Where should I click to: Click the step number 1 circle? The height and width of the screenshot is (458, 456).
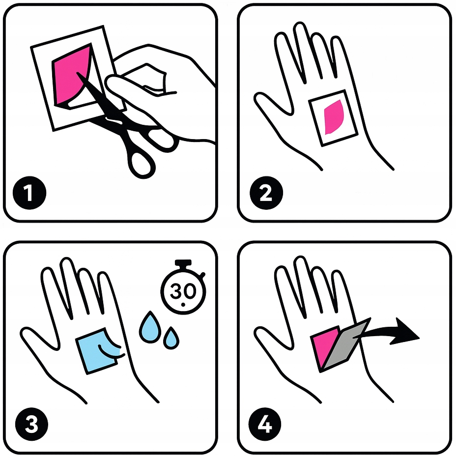29,193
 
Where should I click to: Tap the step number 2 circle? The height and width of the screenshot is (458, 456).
266,193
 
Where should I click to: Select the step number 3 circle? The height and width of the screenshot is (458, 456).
31,424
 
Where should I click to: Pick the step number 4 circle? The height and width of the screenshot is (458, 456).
265,424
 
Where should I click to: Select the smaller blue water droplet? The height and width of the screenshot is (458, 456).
171,338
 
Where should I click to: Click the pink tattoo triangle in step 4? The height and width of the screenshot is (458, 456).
323,346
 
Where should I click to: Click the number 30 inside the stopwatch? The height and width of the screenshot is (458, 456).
183,291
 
